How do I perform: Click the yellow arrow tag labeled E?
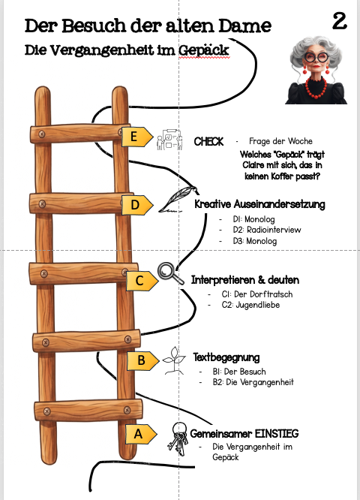pyautogui.click(x=137, y=137)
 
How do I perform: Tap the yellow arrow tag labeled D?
pyautogui.click(x=137, y=205)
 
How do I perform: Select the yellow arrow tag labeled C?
pyautogui.click(x=142, y=281)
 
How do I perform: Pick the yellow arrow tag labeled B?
pyautogui.click(x=143, y=360)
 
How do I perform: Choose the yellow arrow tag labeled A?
pyautogui.click(x=141, y=434)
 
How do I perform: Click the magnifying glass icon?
pyautogui.click(x=170, y=273)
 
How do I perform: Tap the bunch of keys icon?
pyautogui.click(x=178, y=438)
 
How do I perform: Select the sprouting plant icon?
pyautogui.click(x=174, y=360)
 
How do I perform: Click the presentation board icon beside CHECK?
pyautogui.click(x=169, y=140)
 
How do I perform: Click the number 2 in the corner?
pyautogui.click(x=340, y=21)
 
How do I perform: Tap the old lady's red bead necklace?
pyautogui.click(x=316, y=87)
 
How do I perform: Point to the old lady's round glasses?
pyautogui.click(x=316, y=57)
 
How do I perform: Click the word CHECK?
pyautogui.click(x=208, y=142)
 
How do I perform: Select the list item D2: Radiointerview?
pyautogui.click(x=267, y=230)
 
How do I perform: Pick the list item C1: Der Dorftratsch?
pyautogui.click(x=257, y=294)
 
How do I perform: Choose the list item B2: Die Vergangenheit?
pyautogui.click(x=253, y=382)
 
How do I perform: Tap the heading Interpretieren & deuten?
pyautogui.click(x=245, y=280)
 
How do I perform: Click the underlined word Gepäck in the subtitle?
pyautogui.click(x=203, y=50)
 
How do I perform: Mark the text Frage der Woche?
pyautogui.click(x=280, y=141)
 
